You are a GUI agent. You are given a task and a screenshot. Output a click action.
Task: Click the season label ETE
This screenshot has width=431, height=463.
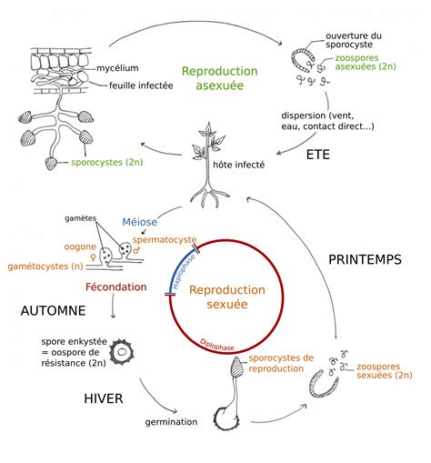(317, 155)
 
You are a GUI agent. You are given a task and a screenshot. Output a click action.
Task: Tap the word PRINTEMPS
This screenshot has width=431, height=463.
(366, 259)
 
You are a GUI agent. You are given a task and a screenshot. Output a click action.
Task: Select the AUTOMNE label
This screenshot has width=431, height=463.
(53, 311)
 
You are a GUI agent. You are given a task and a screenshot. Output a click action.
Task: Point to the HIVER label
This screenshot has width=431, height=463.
(104, 398)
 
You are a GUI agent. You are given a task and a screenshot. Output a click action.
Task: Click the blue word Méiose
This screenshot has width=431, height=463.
(140, 222)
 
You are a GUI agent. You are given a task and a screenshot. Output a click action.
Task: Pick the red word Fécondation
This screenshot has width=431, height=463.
(116, 287)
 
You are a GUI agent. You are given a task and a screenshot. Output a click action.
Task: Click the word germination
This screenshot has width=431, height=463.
(171, 422)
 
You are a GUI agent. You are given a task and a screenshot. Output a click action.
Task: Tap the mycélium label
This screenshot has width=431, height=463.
(117, 68)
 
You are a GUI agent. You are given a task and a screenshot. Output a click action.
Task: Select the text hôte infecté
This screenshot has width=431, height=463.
(239, 165)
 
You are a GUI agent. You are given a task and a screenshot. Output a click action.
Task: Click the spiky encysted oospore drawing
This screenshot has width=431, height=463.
(122, 352)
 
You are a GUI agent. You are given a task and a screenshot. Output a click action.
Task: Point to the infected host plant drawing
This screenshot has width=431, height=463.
(209, 165)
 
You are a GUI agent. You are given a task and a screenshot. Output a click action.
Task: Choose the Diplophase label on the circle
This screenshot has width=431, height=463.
(217, 345)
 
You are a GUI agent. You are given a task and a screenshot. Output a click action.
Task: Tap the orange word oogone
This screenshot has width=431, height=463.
(80, 247)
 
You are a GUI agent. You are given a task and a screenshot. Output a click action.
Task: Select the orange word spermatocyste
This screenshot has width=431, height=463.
(165, 239)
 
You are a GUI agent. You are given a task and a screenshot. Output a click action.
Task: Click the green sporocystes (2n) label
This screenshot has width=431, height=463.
(107, 162)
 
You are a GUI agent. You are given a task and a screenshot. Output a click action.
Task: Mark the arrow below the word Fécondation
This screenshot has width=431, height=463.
(113, 306)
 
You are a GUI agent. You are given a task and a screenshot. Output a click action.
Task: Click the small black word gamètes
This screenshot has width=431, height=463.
(80, 218)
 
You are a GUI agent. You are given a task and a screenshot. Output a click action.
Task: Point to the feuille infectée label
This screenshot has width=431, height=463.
(141, 86)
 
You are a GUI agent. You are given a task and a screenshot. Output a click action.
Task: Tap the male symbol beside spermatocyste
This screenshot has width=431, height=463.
(137, 250)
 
